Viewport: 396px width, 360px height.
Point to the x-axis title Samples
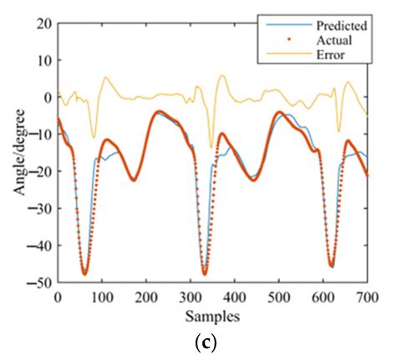click(x=212, y=317)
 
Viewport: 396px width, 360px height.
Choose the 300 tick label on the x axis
click(x=190, y=297)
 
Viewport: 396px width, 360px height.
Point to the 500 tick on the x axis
click(x=279, y=297)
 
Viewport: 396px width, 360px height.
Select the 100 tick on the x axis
click(x=102, y=297)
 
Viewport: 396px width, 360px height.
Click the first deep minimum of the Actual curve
click(x=84, y=273)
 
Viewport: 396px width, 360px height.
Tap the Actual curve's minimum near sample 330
click(x=205, y=274)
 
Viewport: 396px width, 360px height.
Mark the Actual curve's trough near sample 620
click(x=332, y=266)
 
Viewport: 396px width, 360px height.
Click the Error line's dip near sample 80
click(x=93, y=138)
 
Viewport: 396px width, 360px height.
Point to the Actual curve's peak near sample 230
click(x=159, y=111)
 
